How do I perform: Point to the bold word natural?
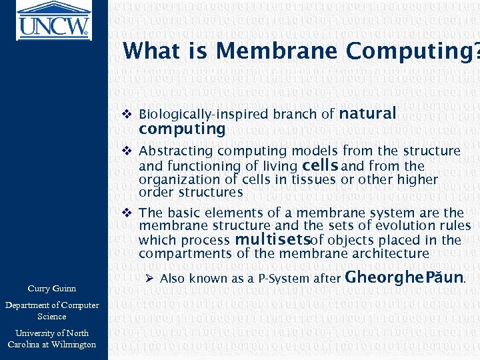click(368, 113)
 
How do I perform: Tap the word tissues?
click(313, 179)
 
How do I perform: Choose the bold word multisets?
click(269, 239)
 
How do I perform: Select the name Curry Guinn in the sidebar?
click(52, 289)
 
